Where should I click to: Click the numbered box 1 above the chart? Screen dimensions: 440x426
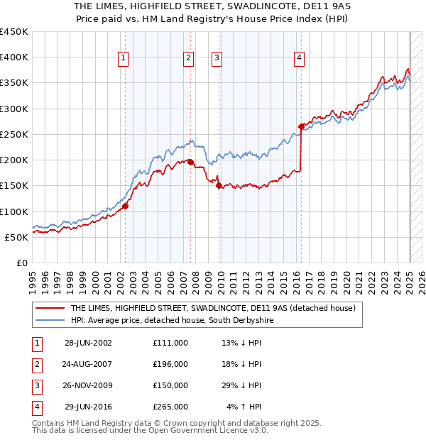pyautogui.click(x=124, y=58)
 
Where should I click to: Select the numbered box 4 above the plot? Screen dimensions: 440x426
pyautogui.click(x=300, y=58)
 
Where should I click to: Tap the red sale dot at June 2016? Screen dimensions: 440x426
pyautogui.click(x=301, y=126)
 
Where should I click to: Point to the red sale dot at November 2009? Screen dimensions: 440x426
pyautogui.click(x=219, y=186)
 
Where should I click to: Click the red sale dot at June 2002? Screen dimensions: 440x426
pyautogui.click(x=125, y=206)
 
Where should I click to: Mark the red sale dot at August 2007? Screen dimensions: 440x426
pyautogui.click(x=190, y=163)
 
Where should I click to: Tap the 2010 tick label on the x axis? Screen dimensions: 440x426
pyautogui.click(x=220, y=281)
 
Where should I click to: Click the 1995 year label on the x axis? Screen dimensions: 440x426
pyautogui.click(x=32, y=281)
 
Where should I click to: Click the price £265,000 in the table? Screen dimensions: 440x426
pyautogui.click(x=170, y=407)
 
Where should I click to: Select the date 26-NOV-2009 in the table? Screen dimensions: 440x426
pyautogui.click(x=88, y=385)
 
